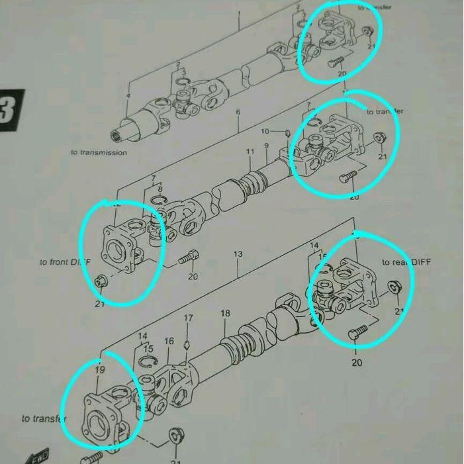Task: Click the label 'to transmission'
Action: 99,152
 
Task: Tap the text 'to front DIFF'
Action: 64,263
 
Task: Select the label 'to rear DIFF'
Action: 406,262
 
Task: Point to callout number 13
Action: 238,254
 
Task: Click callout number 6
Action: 238,113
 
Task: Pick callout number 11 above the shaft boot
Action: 250,152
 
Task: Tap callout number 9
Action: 266,146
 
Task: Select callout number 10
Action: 265,131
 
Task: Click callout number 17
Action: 189,318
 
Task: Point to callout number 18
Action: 225,313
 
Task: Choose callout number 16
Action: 169,342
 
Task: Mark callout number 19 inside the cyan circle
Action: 99,371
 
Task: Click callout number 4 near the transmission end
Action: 128,97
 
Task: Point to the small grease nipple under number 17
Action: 188,344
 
